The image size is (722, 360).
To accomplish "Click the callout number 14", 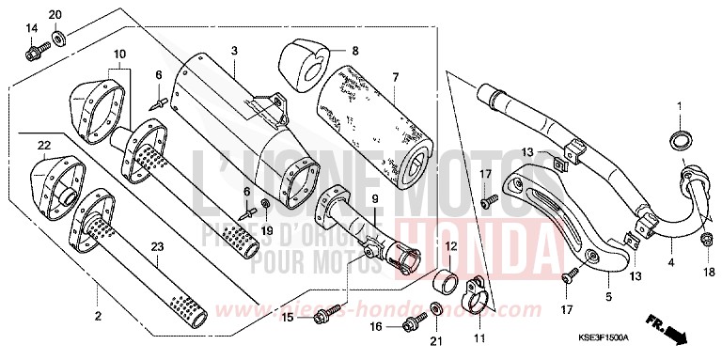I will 31,27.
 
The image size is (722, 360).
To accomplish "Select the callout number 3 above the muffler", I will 234,50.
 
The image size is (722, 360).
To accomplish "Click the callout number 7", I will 396,77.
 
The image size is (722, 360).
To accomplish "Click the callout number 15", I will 289,319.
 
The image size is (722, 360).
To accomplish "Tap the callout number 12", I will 451,245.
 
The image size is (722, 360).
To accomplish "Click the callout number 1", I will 679,105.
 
